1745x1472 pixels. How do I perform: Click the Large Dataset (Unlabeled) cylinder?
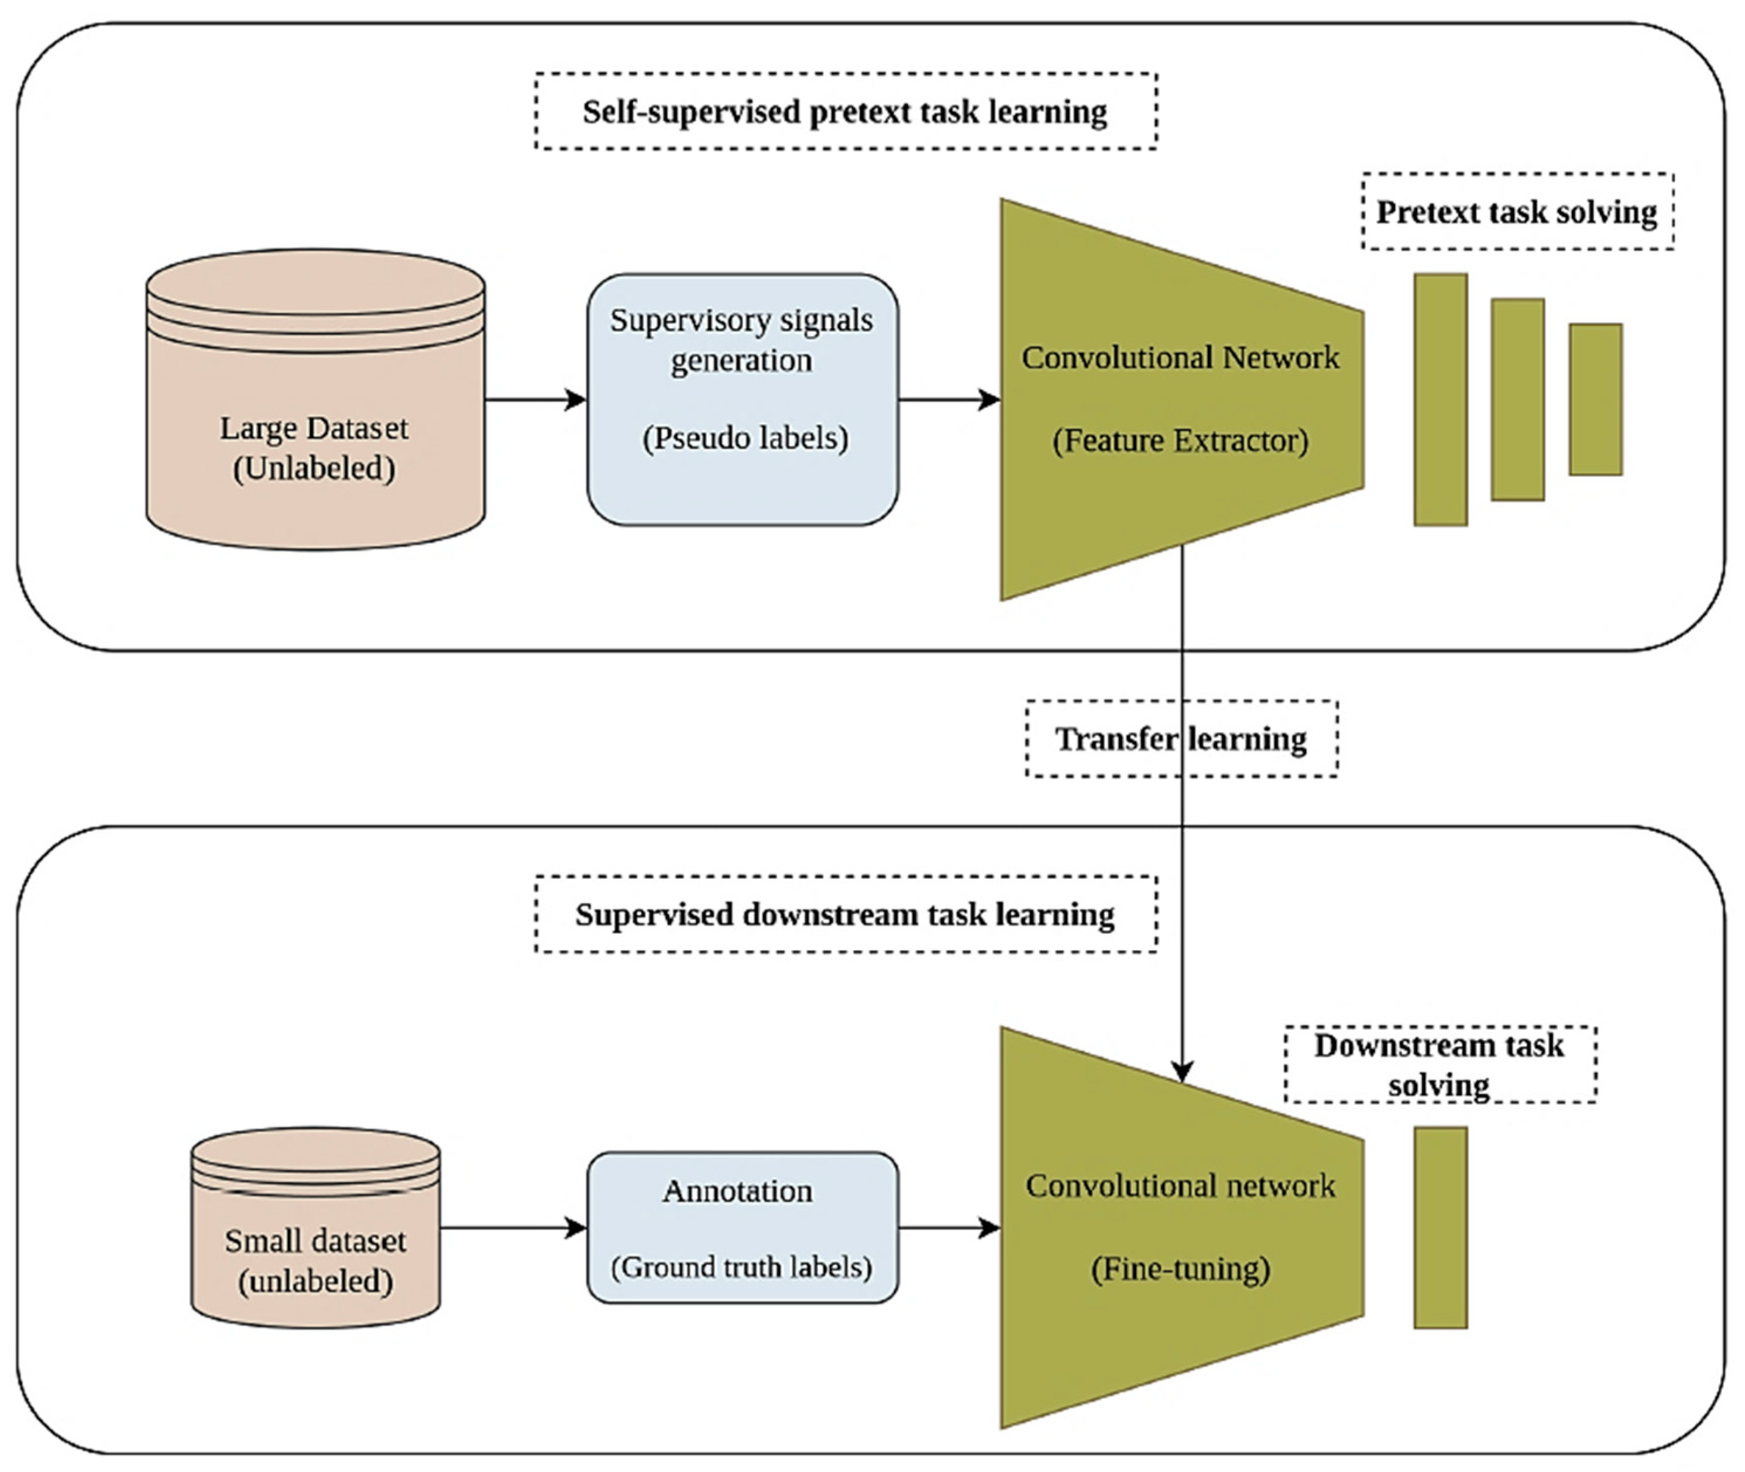tap(315, 400)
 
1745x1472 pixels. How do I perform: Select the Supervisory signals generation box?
tap(743, 400)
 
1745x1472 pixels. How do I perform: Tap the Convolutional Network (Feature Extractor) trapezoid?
tap(1181, 400)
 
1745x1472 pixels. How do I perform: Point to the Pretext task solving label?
tap(1517, 212)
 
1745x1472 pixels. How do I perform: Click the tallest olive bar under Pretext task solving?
tap(1440, 400)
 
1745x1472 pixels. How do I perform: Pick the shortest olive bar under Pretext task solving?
tap(1596, 400)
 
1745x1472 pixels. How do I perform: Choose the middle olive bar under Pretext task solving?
tap(1518, 400)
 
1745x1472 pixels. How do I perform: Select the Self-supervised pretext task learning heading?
tap(846, 112)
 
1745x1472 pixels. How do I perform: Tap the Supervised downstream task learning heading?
tap(846, 914)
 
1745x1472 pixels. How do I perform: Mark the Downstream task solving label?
tap(1440, 1065)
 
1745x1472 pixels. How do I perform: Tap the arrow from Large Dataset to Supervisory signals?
tap(536, 400)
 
